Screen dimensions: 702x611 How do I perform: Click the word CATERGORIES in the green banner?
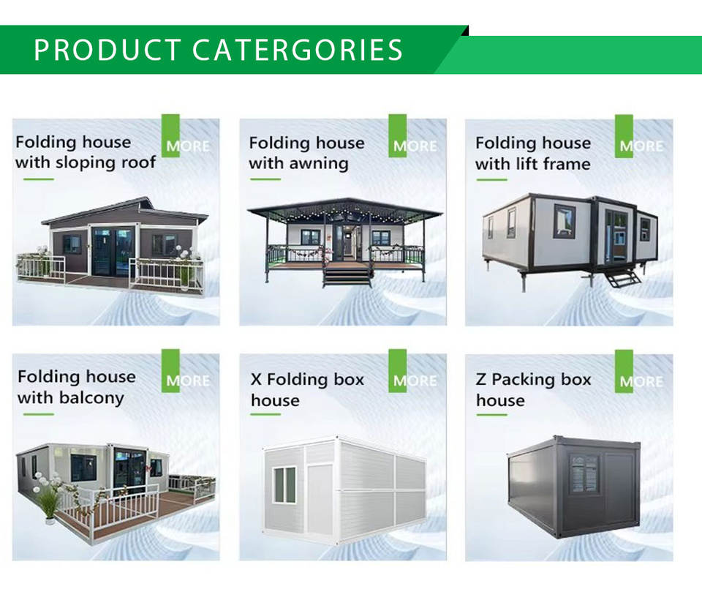pyautogui.click(x=298, y=49)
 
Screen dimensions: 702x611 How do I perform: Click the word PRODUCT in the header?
pyautogui.click(x=107, y=49)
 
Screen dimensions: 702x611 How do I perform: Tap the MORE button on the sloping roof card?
pyautogui.click(x=188, y=146)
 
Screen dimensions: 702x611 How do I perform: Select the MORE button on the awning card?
pyautogui.click(x=415, y=146)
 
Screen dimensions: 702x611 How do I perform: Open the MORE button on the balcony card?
pyautogui.click(x=188, y=381)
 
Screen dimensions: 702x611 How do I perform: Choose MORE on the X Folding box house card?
pyautogui.click(x=415, y=381)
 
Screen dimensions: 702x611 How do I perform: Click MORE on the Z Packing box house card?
pyautogui.click(x=641, y=381)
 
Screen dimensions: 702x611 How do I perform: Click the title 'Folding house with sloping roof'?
pyautogui.click(x=86, y=152)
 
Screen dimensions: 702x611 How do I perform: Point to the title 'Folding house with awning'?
pyautogui.click(x=306, y=153)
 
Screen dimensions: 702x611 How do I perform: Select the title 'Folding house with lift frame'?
pyautogui.click(x=533, y=154)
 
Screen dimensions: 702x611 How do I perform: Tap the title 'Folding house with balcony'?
pyautogui.click(x=77, y=388)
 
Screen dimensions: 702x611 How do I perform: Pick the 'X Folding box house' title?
pyautogui.click(x=307, y=390)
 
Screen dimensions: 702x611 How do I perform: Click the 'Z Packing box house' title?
pyautogui.click(x=534, y=390)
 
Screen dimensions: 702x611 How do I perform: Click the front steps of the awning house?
pyautogui.click(x=347, y=274)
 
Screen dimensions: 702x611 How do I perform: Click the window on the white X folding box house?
pyautogui.click(x=284, y=484)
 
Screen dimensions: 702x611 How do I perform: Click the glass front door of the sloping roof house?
pyautogui.click(x=113, y=252)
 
